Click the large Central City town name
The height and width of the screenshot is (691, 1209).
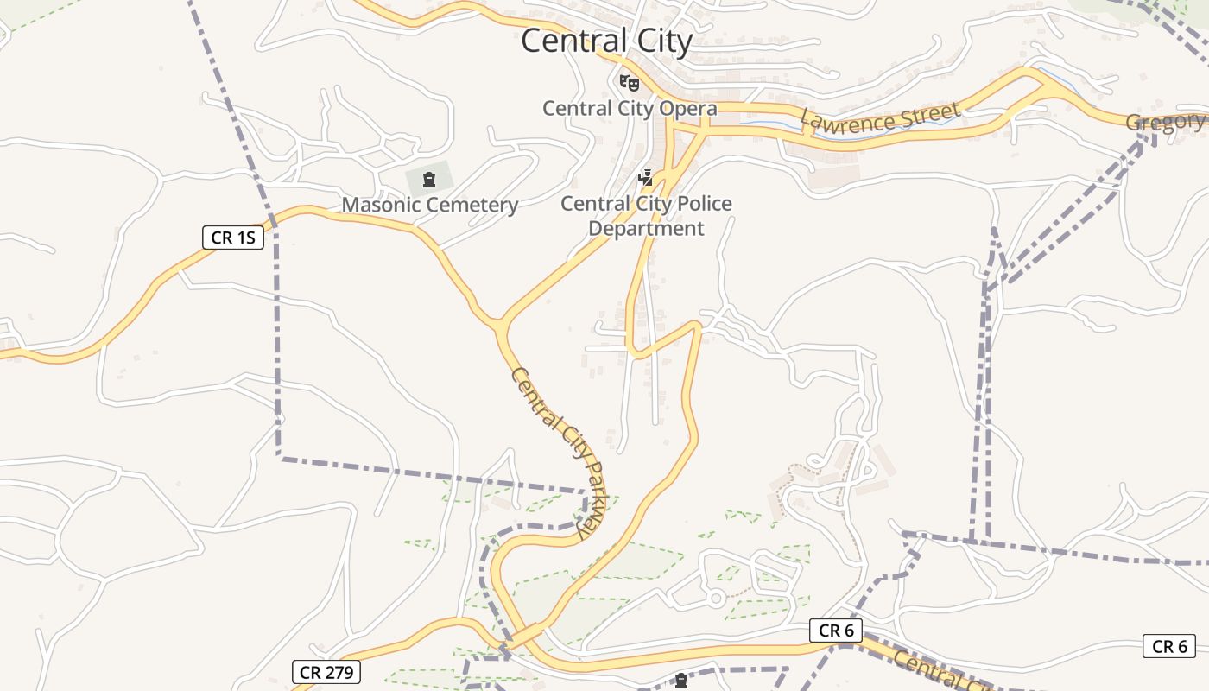pos(606,41)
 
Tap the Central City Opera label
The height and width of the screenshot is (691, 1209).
pos(630,109)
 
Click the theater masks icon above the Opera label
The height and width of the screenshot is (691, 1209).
pos(629,83)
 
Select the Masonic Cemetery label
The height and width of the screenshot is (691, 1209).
pos(430,205)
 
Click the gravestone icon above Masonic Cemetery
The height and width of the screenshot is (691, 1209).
pos(428,180)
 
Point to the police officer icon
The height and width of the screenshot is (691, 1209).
pos(645,178)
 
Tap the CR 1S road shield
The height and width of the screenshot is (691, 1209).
pos(233,238)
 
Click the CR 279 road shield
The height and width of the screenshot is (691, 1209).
pos(326,671)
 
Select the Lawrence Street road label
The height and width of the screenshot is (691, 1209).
pos(880,118)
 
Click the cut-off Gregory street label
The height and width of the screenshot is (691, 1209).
pos(1166,122)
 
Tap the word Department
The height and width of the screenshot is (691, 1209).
pos(647,229)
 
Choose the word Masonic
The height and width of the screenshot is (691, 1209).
pos(380,205)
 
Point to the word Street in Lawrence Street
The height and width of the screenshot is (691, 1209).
pos(928,113)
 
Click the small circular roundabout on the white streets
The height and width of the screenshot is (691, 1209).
pos(716,598)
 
